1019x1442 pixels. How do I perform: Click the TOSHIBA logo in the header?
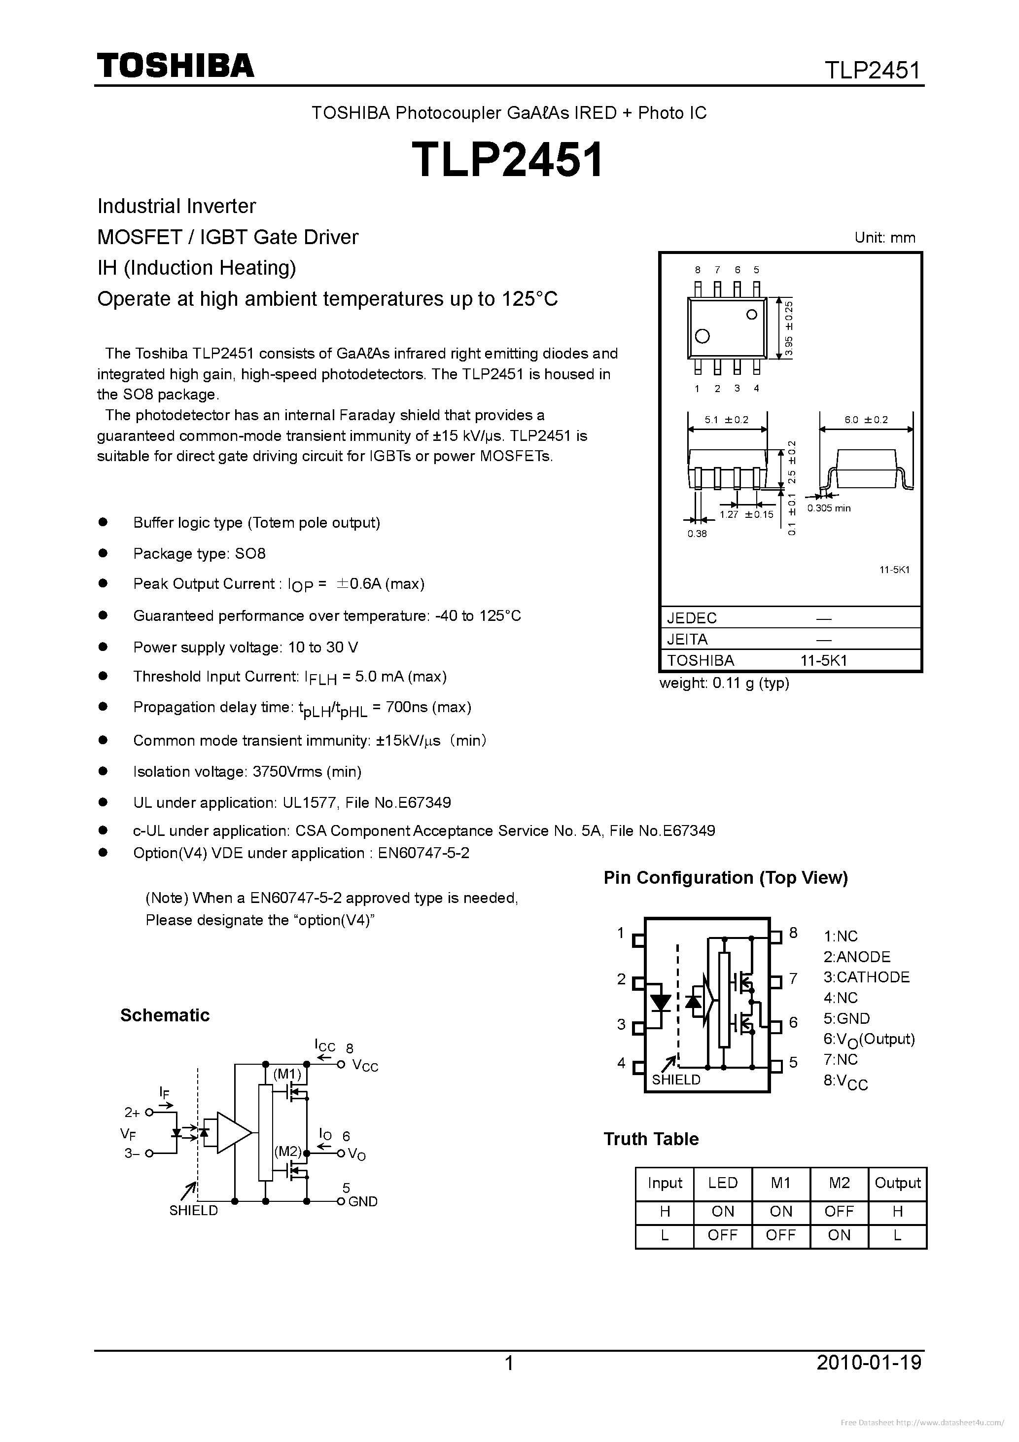[175, 65]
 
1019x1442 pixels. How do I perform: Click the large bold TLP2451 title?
[507, 159]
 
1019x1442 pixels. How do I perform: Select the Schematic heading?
[165, 1015]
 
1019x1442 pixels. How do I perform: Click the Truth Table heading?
[651, 1139]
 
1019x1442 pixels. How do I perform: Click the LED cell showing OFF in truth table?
[722, 1235]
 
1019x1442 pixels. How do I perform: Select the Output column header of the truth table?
[897, 1183]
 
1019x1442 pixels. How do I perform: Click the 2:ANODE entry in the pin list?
[857, 957]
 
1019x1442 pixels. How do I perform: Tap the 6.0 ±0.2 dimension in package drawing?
[867, 420]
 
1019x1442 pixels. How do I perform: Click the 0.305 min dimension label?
[829, 508]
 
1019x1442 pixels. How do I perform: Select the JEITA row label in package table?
[688, 639]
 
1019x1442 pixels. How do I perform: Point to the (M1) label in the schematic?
[287, 1073]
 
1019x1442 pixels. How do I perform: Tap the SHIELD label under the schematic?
[193, 1211]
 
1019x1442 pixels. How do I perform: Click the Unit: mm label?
[884, 238]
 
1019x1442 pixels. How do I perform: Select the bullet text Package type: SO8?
[199, 553]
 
